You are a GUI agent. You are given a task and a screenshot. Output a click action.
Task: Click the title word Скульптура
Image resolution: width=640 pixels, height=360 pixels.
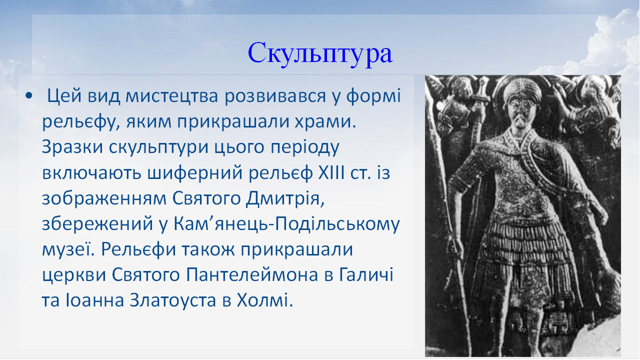320,53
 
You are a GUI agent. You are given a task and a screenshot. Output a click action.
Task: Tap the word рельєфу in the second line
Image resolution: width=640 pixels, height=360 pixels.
75,122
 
